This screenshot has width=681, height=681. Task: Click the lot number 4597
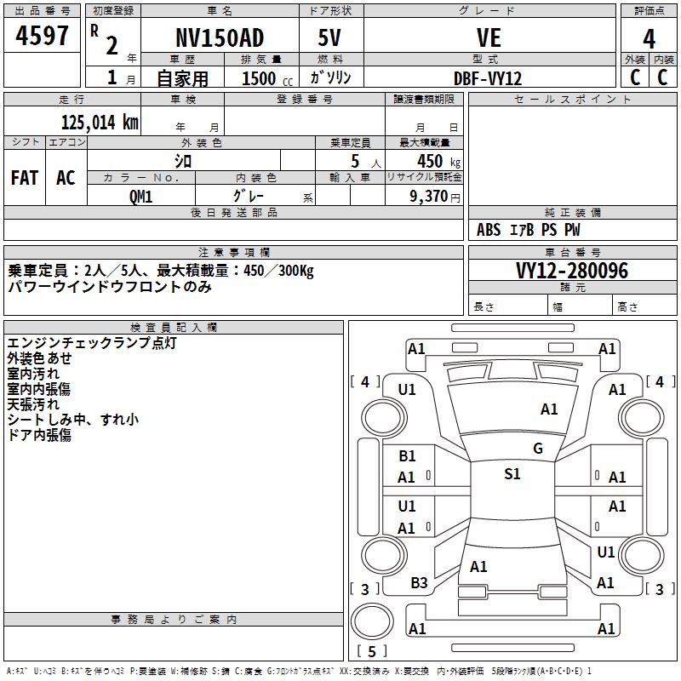pyautogui.click(x=43, y=37)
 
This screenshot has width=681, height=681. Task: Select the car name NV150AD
pyautogui.click(x=220, y=38)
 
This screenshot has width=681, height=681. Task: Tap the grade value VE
pyautogui.click(x=489, y=38)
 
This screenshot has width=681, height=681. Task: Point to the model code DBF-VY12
pyautogui.click(x=488, y=78)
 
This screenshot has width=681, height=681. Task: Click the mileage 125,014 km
pyautogui.click(x=99, y=123)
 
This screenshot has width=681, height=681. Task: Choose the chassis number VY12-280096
pyautogui.click(x=572, y=272)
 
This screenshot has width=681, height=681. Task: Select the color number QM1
pyautogui.click(x=140, y=195)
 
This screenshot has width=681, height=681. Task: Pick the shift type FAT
pyautogui.click(x=25, y=178)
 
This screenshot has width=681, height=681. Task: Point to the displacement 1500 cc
pyautogui.click(x=260, y=78)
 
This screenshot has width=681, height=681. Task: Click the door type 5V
pyautogui.click(x=330, y=38)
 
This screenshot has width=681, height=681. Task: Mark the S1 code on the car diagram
pyautogui.click(x=512, y=474)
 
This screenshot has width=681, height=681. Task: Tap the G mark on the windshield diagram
pyautogui.click(x=538, y=449)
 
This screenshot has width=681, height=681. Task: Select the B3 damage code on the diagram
pyautogui.click(x=419, y=582)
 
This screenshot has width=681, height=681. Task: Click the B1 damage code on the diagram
pyautogui.click(x=407, y=456)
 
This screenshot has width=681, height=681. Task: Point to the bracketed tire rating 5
pyautogui.click(x=372, y=651)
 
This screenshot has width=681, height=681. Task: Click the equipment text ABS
pyautogui.click(x=489, y=230)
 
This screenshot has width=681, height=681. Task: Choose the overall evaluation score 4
pyautogui.click(x=650, y=38)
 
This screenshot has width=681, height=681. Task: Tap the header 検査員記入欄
pyautogui.click(x=174, y=327)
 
